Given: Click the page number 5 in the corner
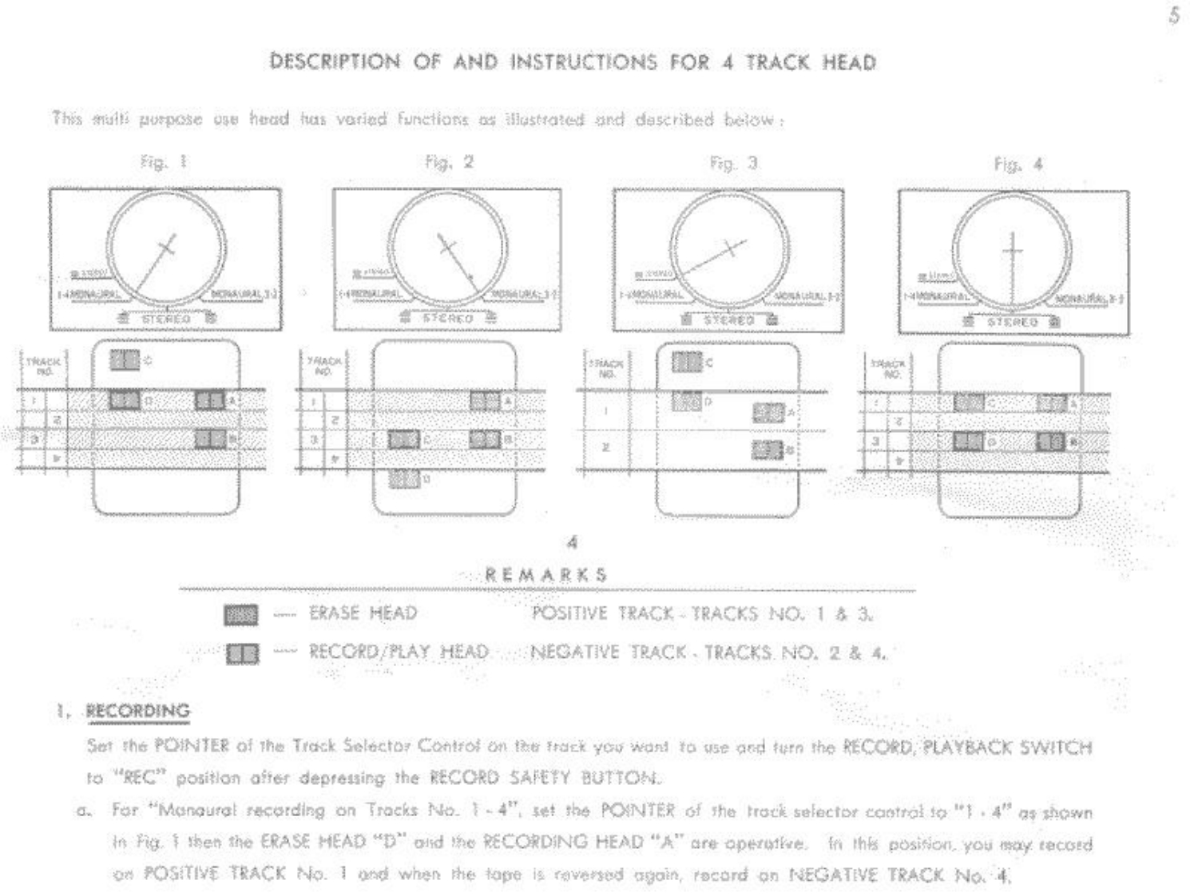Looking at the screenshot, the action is [1173, 16].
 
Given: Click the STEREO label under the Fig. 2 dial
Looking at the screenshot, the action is [447, 318].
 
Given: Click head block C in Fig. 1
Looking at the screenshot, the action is [125, 361].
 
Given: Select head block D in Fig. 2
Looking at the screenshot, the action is [404, 479].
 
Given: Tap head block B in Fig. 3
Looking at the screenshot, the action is [768, 450].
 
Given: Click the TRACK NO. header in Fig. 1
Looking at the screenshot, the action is [42, 366].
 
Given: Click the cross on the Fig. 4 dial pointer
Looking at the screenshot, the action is [1012, 251].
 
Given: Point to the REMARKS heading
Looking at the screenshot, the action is [546, 575].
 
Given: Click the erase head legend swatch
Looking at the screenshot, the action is [241, 615].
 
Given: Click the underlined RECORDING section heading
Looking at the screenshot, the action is [138, 711].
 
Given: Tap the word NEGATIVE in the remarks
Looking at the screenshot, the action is [574, 652].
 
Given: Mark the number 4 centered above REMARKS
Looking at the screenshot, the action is [572, 543].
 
